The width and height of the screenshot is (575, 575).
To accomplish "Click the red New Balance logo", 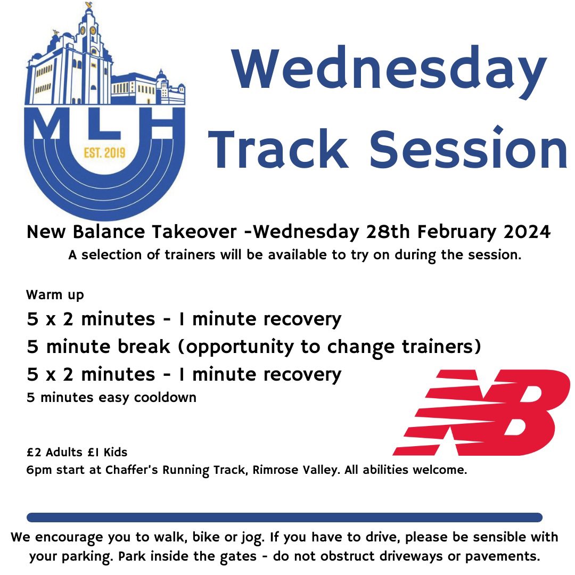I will click(482, 411).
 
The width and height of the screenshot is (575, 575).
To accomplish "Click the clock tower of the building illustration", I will click(89, 32).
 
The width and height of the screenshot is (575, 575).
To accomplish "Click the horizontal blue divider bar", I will click(284, 517).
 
